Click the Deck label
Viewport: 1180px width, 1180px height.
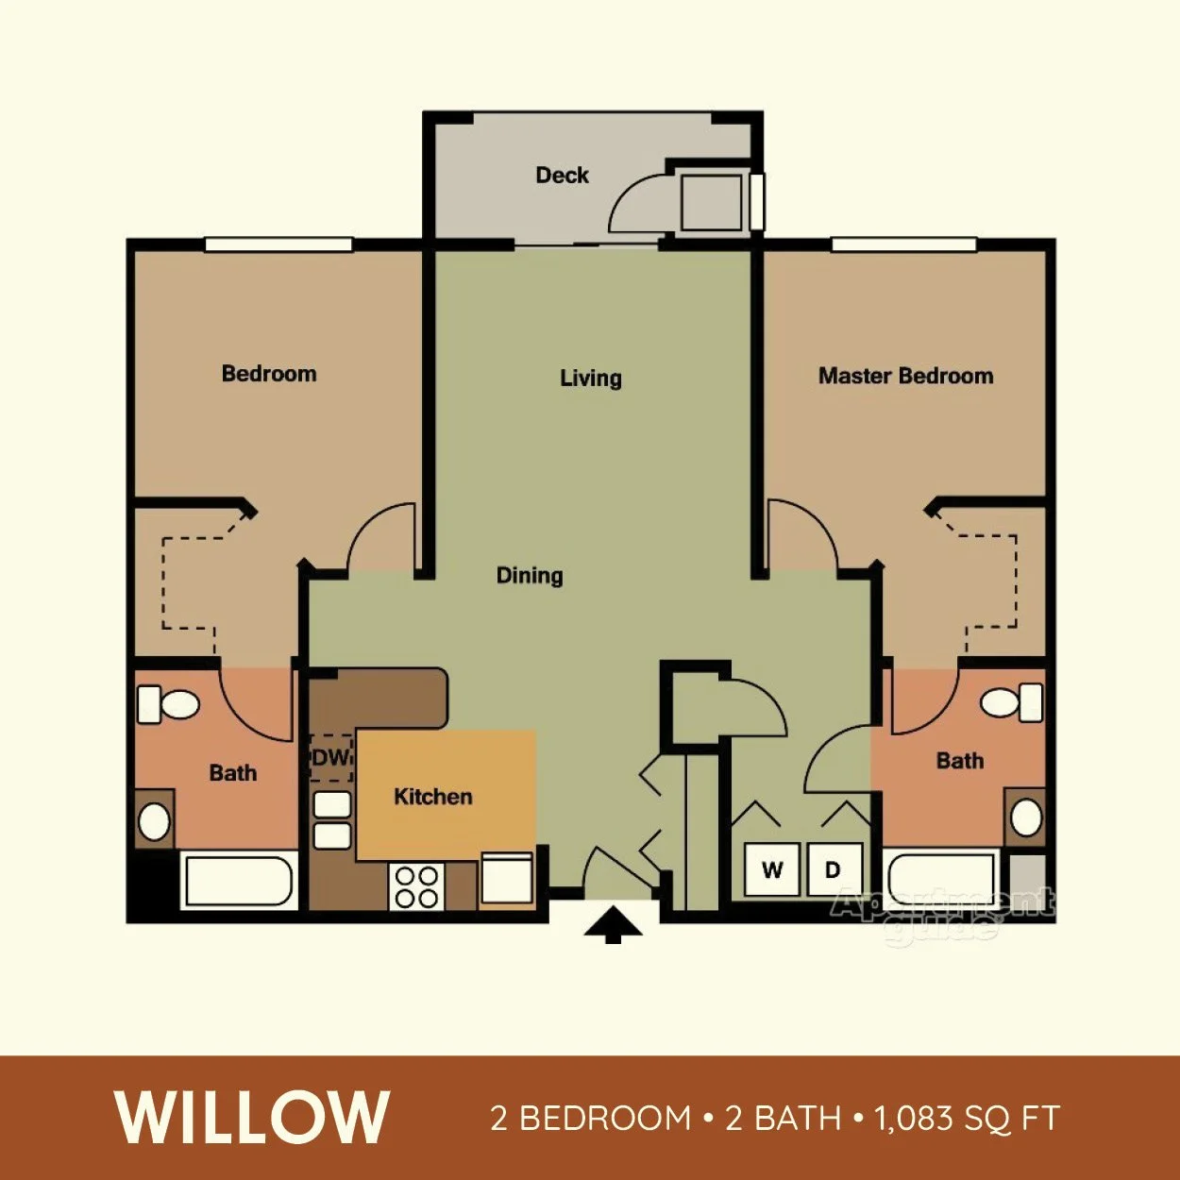pyautogui.click(x=562, y=175)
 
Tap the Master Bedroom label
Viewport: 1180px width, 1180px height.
pyautogui.click(x=905, y=376)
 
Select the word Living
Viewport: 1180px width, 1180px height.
pyautogui.click(x=591, y=379)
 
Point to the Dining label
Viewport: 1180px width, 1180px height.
pyautogui.click(x=530, y=575)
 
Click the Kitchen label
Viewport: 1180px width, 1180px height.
pyautogui.click(x=433, y=797)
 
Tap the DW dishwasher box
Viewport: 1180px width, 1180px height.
pyautogui.click(x=330, y=758)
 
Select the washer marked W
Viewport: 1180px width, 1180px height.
pyautogui.click(x=772, y=869)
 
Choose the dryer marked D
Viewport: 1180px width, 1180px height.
pyautogui.click(x=834, y=869)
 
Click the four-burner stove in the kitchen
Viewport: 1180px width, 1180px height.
pyautogui.click(x=416, y=887)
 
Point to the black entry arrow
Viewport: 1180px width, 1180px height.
pyautogui.click(x=614, y=924)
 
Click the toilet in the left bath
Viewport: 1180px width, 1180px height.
pyautogui.click(x=170, y=704)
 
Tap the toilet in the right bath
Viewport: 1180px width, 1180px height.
pyautogui.click(x=1010, y=702)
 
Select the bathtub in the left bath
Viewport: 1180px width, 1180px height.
pyautogui.click(x=238, y=881)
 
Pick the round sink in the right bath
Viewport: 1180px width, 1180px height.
pyautogui.click(x=1026, y=817)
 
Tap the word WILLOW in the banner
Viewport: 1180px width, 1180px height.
pyautogui.click(x=253, y=1119)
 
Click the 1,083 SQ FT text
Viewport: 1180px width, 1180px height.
pyautogui.click(x=967, y=1119)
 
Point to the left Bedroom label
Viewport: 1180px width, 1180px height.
pyautogui.click(x=269, y=374)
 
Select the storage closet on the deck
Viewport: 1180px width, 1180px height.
pyautogui.click(x=711, y=202)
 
